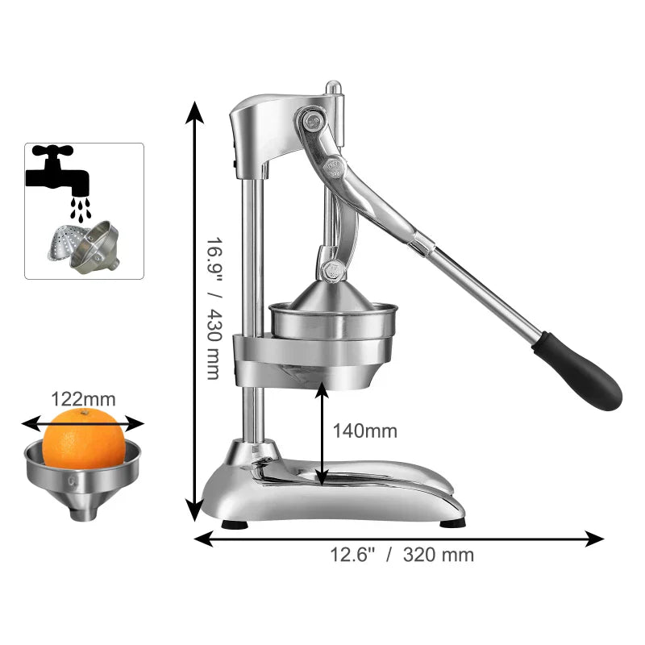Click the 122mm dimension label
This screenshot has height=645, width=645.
[83, 398]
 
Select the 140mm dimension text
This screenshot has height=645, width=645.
[365, 431]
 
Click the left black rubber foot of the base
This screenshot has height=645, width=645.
[235, 524]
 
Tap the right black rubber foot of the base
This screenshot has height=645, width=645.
[452, 522]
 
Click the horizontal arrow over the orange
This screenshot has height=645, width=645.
[82, 422]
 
